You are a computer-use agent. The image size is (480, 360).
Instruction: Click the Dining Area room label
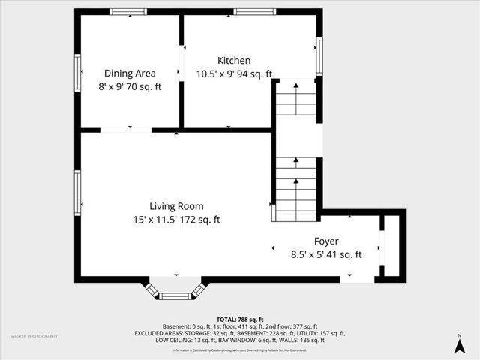[x=130, y=73]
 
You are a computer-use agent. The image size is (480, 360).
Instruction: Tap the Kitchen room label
[x=234, y=61]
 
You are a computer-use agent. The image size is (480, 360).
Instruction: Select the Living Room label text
[x=176, y=206]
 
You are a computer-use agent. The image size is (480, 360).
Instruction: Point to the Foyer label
[x=326, y=241]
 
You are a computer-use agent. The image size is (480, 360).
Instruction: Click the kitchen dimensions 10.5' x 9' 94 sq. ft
[x=234, y=73]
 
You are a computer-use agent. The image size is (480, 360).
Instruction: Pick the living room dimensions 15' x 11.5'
[x=176, y=220]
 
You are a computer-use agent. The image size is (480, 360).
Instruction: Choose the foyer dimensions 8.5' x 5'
[x=326, y=254]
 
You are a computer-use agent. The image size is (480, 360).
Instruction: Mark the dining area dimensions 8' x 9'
[x=130, y=86]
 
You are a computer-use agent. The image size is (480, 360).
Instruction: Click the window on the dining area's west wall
[x=78, y=73]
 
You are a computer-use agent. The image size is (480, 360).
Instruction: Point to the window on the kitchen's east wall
[x=319, y=56]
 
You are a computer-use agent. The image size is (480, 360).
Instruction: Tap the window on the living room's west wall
[x=78, y=193]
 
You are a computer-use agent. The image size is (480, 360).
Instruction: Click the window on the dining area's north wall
[x=128, y=12]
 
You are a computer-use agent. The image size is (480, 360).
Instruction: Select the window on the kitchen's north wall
[x=249, y=12]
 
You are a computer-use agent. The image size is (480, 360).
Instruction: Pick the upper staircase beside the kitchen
[x=295, y=100]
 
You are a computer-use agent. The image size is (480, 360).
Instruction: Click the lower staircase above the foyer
[x=295, y=189]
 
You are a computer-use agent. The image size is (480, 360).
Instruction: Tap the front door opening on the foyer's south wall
[x=357, y=278]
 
